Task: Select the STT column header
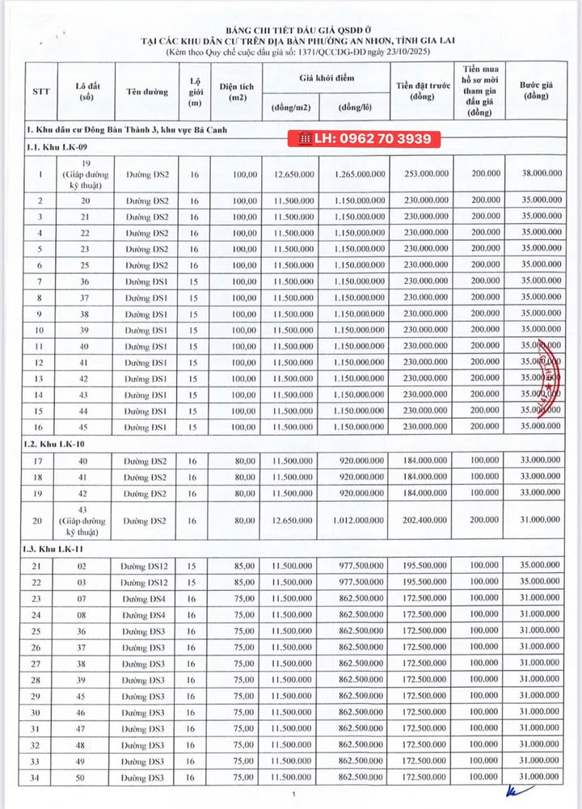(x=40, y=91)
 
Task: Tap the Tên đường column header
(x=148, y=91)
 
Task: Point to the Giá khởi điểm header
(x=324, y=78)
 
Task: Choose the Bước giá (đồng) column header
(x=542, y=91)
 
